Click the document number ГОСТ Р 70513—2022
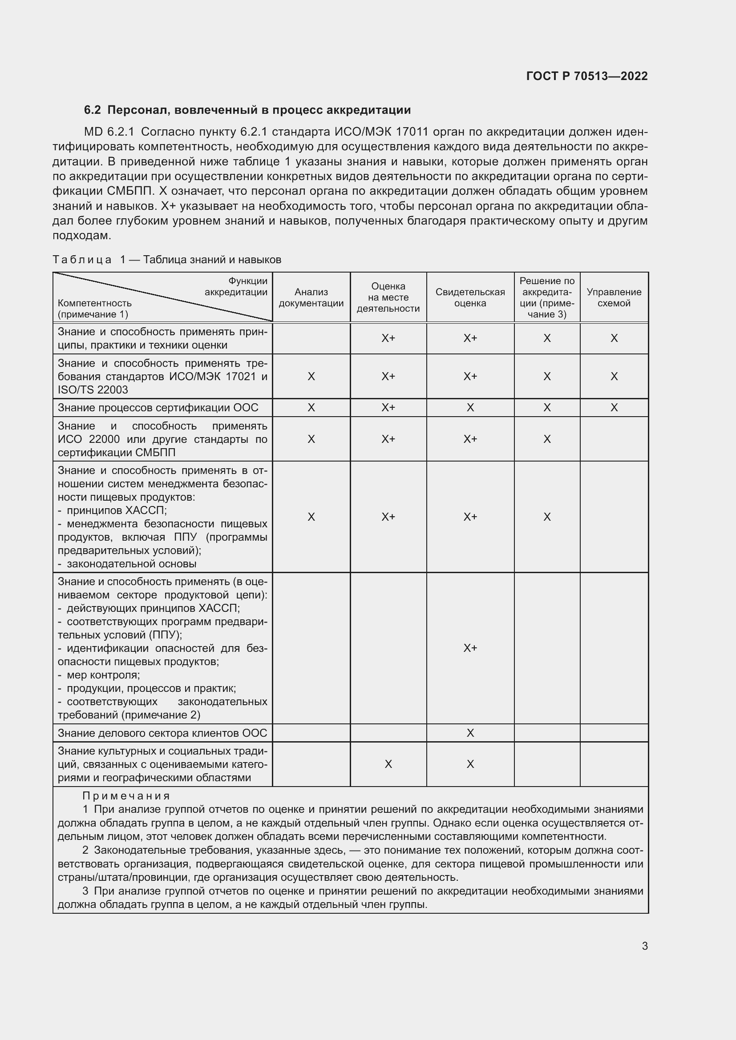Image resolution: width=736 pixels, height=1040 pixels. [x=586, y=76]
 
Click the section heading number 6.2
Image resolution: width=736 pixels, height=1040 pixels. [x=92, y=110]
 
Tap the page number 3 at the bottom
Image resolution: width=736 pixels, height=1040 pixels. [x=644, y=946]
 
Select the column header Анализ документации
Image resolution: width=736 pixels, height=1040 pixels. [x=311, y=297]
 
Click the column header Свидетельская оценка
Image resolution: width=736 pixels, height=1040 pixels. [x=470, y=297]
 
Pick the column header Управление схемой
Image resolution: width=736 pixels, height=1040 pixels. [x=614, y=297]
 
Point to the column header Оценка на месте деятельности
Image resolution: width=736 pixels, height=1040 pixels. [x=388, y=297]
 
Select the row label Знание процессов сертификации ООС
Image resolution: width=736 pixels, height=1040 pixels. [x=158, y=408]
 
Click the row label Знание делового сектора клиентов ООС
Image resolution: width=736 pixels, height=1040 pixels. [x=162, y=733]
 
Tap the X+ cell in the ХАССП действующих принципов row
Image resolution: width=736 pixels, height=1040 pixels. [x=470, y=648]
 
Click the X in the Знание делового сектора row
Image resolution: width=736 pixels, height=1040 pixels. [x=470, y=733]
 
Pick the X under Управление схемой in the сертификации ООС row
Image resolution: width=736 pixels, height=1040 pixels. [x=614, y=408]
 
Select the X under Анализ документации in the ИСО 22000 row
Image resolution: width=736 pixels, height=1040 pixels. [x=311, y=439]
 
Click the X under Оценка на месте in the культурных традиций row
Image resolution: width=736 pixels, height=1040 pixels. [x=388, y=765]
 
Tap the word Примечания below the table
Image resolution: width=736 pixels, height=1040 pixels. [x=126, y=796]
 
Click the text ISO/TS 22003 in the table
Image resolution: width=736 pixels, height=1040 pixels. [x=93, y=390]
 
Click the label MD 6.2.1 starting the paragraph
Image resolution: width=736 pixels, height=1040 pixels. [x=109, y=132]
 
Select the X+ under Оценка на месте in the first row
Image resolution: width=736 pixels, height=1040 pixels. [x=388, y=338]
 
